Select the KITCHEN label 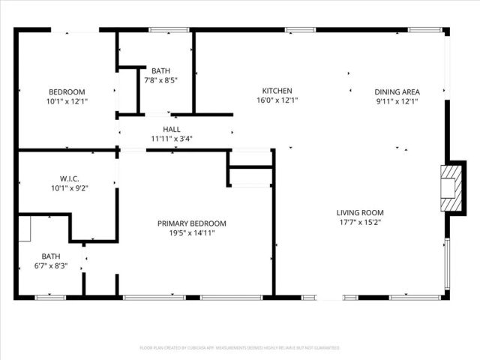(277, 91)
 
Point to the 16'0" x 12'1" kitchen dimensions (277, 100)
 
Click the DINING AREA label (397, 91)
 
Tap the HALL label (172, 129)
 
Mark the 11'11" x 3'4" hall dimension (172, 138)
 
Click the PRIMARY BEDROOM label (191, 223)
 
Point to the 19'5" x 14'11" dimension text (191, 232)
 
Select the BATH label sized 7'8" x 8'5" (160, 70)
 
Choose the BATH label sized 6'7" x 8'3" (51, 256)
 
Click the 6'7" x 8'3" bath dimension (51, 265)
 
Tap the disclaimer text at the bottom (240, 348)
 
